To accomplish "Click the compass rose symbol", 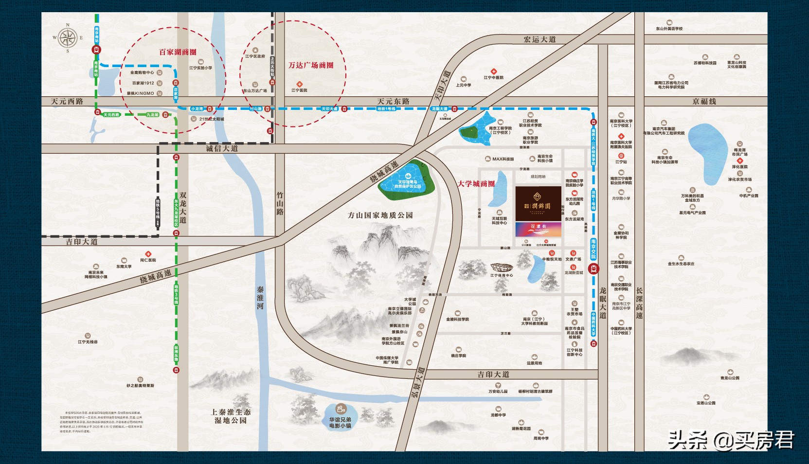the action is pyautogui.click(x=68, y=37).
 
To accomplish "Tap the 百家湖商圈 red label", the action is pyautogui.click(x=178, y=52).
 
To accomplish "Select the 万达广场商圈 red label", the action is pyautogui.click(x=311, y=65).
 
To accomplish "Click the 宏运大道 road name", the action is pyautogui.click(x=539, y=39).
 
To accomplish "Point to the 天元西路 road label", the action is pyautogui.click(x=67, y=101).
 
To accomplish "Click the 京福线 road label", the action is pyautogui.click(x=704, y=101).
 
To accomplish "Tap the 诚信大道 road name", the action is pyautogui.click(x=222, y=148).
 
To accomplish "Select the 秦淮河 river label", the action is pyautogui.click(x=260, y=298).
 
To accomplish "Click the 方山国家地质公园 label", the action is pyautogui.click(x=380, y=215).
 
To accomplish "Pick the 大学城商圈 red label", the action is pyautogui.click(x=476, y=184).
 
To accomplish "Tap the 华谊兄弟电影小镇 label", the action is pyautogui.click(x=340, y=422).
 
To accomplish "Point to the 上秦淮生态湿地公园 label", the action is pyautogui.click(x=231, y=416).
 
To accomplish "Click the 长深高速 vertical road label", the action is pyautogui.click(x=639, y=303).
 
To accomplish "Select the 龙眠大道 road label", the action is pyautogui.click(x=603, y=303).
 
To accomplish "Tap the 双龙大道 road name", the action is pyautogui.click(x=183, y=207).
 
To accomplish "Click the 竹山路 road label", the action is pyautogui.click(x=280, y=203).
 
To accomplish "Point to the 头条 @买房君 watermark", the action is pyautogui.click(x=731, y=440).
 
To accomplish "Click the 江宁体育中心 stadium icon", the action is pyautogui.click(x=502, y=268).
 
